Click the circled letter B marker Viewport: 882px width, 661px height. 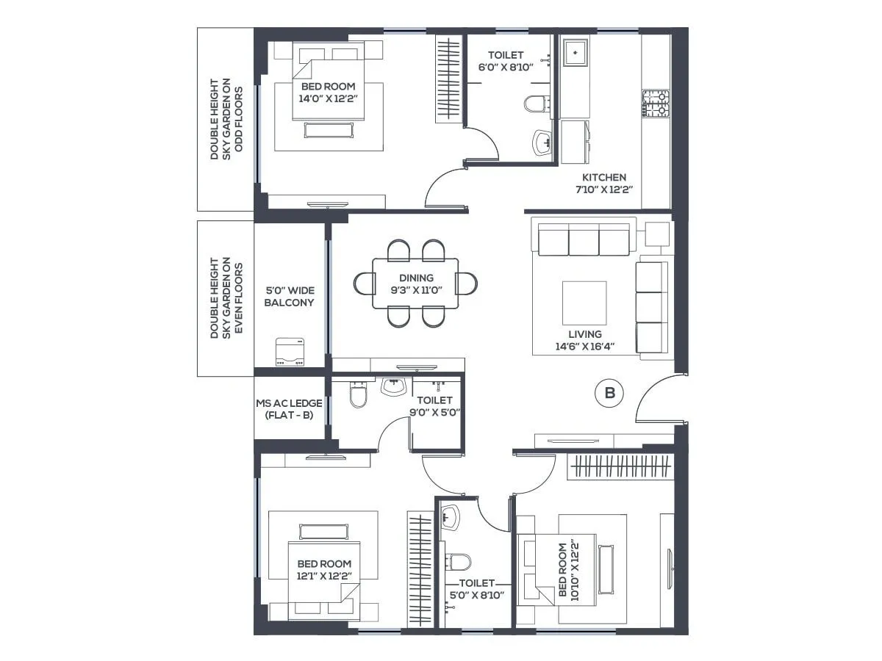click(x=609, y=394)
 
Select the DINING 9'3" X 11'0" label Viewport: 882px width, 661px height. click(x=416, y=283)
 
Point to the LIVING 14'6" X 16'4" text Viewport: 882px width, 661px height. click(x=584, y=340)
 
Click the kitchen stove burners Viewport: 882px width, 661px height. click(x=656, y=104)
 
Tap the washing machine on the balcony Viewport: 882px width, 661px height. click(x=290, y=352)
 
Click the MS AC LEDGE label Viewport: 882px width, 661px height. click(x=284, y=409)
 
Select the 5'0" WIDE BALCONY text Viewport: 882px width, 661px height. click(x=290, y=297)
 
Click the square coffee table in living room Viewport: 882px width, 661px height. click(x=584, y=303)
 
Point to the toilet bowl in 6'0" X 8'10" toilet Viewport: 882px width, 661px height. click(x=537, y=104)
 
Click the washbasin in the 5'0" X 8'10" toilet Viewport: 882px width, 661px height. click(x=450, y=517)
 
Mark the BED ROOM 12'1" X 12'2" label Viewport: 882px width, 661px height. click(x=324, y=570)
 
